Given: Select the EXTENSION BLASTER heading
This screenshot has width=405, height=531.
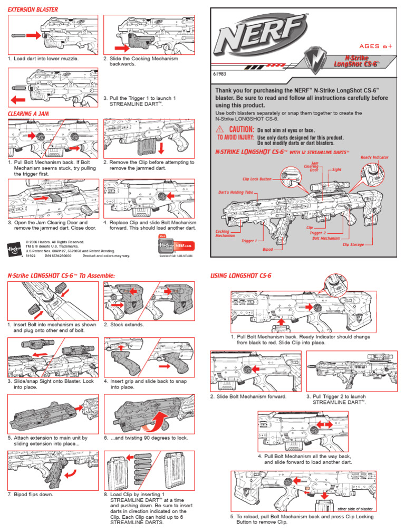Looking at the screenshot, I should [x=34, y=9].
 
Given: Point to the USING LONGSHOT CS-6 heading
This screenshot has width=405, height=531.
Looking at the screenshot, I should [x=241, y=276].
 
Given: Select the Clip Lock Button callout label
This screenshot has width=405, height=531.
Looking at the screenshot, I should [x=257, y=179].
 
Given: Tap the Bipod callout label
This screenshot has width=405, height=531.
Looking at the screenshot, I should [x=268, y=248].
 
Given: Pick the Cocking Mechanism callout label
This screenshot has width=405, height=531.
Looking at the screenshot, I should [x=226, y=233].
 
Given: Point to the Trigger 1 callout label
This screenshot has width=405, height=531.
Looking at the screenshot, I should [x=249, y=241].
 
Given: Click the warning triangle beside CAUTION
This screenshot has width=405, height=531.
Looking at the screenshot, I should [x=219, y=130].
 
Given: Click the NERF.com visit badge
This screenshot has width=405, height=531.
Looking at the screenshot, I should [x=175, y=245].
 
